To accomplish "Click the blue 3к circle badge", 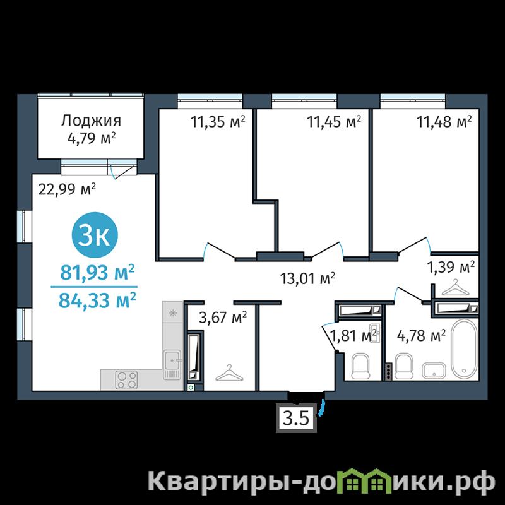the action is tap(95, 235).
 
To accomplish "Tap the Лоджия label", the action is tap(92, 121).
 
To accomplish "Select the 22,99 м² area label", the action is tap(67, 189).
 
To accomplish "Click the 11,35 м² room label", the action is tap(218, 122).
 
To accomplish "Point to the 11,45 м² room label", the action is tap(334, 122).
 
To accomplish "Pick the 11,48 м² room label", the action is tap(444, 122).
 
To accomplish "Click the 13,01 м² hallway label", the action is tap(308, 278).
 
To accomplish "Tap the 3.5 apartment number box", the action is tap(296, 418).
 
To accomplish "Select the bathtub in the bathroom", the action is tap(464, 348).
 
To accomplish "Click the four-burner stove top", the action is tap(127, 380).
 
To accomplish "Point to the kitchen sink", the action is tap(172, 364).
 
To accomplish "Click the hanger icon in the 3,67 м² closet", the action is tap(229, 373).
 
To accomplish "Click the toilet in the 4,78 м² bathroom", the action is tap(404, 366).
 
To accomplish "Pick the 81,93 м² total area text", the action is tap(97, 273).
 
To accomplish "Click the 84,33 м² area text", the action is tap(97, 300).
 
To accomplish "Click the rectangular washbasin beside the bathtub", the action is tap(435, 370).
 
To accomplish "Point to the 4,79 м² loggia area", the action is tap(92, 139).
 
